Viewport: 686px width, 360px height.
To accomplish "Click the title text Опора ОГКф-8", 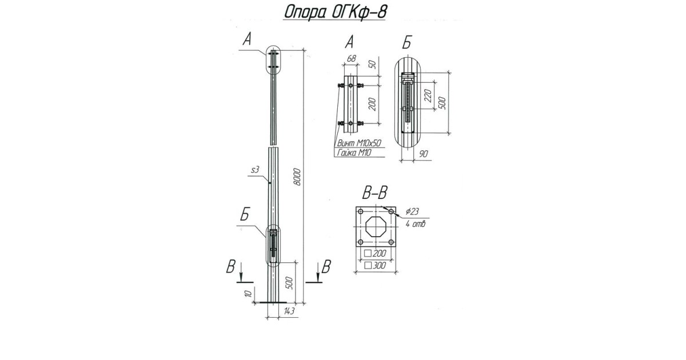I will (x=333, y=13).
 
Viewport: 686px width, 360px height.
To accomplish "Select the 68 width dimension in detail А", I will (x=352, y=59).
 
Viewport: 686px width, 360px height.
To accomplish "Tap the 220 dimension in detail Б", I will (x=427, y=94).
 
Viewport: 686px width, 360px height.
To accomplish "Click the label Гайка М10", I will (x=353, y=152).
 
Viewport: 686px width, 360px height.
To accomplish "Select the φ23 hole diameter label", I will (x=413, y=211).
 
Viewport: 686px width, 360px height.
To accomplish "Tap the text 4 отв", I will (x=416, y=223).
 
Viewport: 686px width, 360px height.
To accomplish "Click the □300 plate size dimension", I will (x=375, y=265).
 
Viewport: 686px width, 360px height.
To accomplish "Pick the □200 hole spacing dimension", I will (x=375, y=253).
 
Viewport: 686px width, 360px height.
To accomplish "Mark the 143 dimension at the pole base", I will (x=288, y=311).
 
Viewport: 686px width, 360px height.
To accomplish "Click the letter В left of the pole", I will (x=231, y=267).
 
